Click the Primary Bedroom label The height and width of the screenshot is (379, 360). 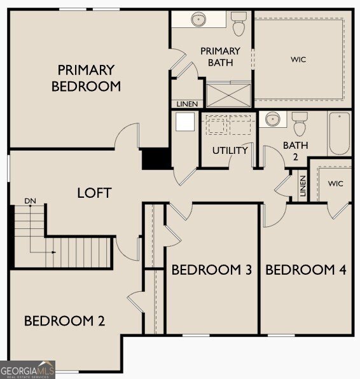86,78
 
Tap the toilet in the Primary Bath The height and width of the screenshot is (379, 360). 239,24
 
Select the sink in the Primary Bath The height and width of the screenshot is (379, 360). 198,19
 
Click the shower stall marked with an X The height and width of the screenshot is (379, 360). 228,95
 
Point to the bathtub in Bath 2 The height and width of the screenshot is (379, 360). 340,133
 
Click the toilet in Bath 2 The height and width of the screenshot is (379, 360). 300,124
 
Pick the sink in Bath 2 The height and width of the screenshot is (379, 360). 273,119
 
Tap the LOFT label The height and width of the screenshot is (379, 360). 94,193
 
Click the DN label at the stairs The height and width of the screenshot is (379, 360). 31,201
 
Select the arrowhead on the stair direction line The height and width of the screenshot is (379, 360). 54,252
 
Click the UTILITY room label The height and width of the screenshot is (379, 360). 230,151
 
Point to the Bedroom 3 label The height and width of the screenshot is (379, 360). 212,270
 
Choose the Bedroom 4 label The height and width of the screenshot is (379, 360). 306,270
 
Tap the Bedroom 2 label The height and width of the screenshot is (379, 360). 64,321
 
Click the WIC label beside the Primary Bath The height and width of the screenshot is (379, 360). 298,60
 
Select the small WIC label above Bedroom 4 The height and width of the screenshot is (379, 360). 336,184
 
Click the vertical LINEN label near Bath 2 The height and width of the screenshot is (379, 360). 303,186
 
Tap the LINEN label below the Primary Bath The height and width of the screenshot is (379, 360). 187,104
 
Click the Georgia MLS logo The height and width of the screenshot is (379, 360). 27,370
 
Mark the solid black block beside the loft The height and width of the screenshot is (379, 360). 156,158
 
